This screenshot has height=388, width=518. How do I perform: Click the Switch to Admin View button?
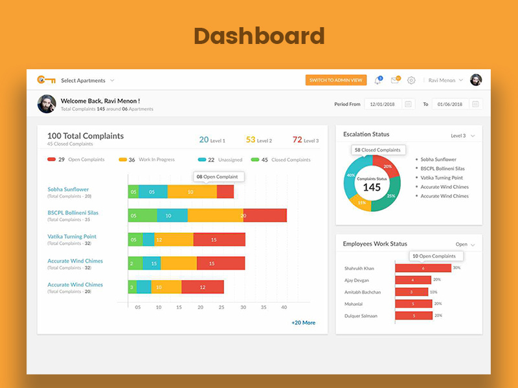coord(336,80)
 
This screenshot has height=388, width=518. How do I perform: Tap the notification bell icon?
coord(377,80)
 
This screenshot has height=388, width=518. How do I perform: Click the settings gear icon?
coord(411,80)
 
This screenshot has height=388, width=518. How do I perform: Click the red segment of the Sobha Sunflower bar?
coord(225,191)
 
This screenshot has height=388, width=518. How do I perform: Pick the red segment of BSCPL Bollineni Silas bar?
coord(265,215)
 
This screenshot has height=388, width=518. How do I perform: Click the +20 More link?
coord(303,322)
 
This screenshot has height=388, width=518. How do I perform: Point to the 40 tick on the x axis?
coord(284,307)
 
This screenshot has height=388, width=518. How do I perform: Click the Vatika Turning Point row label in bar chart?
coord(72,237)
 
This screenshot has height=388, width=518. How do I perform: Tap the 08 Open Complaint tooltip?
coord(217,176)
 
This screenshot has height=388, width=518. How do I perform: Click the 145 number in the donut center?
coord(372,188)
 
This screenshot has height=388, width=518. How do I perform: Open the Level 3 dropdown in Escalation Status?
coord(462,136)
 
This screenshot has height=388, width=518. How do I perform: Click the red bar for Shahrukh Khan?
coord(422,268)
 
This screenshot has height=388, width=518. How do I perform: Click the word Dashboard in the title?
coord(259,36)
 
